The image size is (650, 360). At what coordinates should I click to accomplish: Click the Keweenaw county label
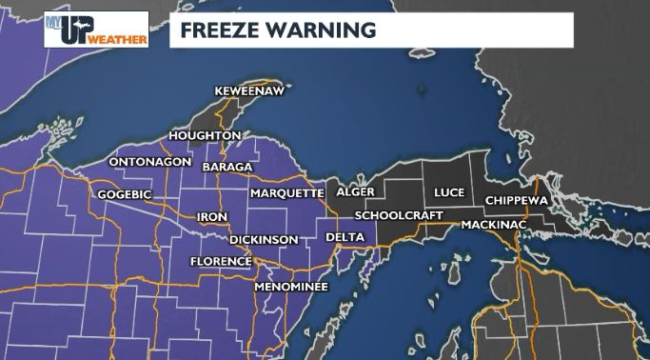(x=248, y=90)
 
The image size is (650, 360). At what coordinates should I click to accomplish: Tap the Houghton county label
(x=205, y=136)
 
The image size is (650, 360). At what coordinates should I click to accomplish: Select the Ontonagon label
(x=149, y=162)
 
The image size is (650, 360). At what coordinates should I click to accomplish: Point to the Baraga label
(x=227, y=168)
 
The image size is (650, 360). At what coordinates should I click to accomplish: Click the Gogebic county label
(x=125, y=194)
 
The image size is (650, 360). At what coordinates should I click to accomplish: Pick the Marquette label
(x=286, y=193)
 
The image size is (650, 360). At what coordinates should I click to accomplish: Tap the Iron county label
(x=211, y=217)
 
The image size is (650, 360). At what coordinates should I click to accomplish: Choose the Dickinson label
(x=264, y=240)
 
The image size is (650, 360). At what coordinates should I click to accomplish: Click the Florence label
(x=221, y=261)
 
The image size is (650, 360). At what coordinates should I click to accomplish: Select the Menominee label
(x=291, y=286)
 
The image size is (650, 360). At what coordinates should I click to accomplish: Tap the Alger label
(x=355, y=192)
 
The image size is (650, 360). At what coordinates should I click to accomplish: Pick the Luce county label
(x=449, y=192)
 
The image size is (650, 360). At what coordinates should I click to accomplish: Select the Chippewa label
(x=517, y=201)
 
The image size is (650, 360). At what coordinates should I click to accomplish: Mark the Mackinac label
(x=494, y=225)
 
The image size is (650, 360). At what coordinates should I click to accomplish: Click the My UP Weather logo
(x=95, y=29)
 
